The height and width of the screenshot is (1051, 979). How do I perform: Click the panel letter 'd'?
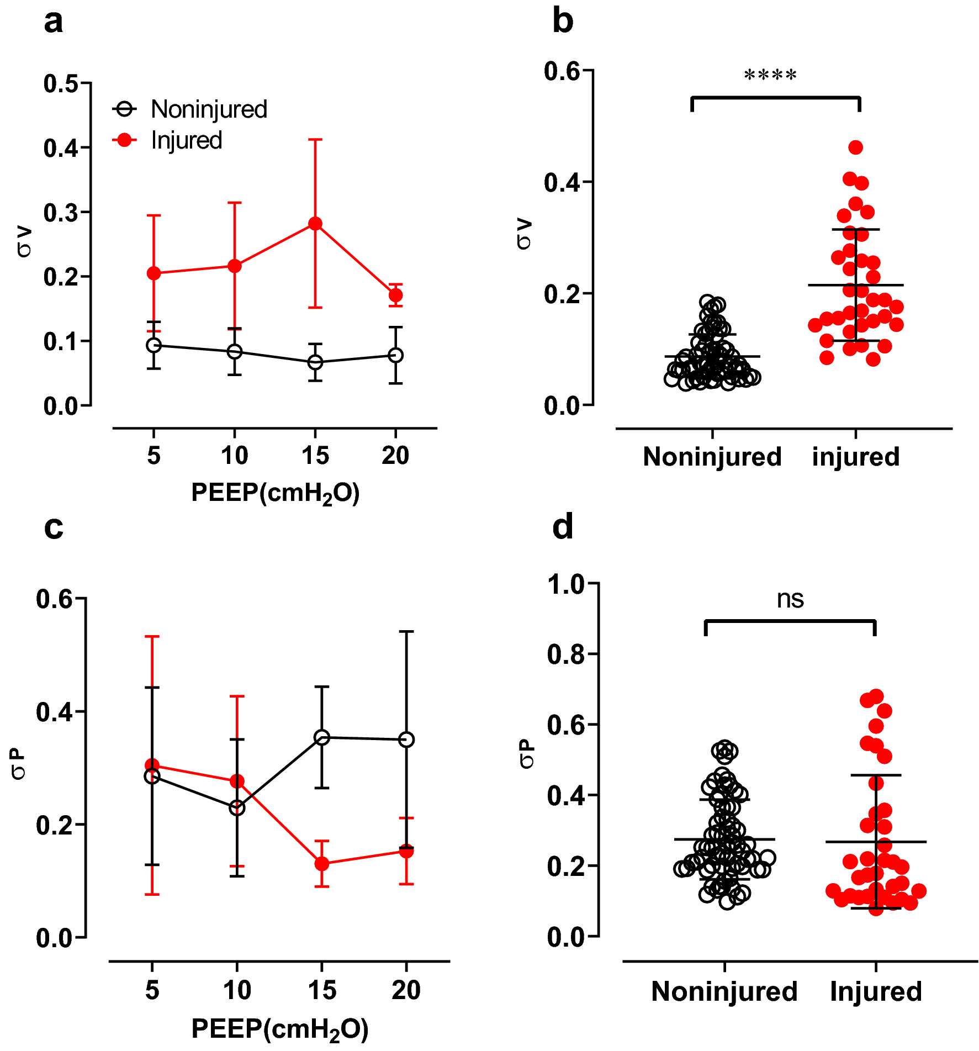point(562,527)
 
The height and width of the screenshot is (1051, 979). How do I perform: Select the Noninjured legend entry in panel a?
point(209,109)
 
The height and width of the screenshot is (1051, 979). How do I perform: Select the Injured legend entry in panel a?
point(186,140)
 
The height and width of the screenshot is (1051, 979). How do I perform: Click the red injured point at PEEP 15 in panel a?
point(315,224)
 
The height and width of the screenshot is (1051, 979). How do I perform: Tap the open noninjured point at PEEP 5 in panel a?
point(154,345)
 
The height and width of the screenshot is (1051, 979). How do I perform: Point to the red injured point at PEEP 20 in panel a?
point(395,295)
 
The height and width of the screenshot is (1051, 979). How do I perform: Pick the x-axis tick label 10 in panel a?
point(234,456)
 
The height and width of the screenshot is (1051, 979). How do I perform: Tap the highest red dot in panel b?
point(855,147)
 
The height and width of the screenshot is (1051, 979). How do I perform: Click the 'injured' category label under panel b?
point(855,457)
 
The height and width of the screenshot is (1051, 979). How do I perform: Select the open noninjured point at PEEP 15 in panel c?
point(322,737)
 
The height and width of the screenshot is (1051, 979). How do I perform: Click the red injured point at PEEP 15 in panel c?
point(322,863)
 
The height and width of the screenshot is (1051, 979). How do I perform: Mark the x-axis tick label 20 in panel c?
point(406,990)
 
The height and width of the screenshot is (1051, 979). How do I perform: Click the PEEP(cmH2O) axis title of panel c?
point(279,1029)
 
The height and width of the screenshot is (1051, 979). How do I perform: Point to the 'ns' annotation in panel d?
point(790,600)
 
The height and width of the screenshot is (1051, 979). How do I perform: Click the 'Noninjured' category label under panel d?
point(724,992)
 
